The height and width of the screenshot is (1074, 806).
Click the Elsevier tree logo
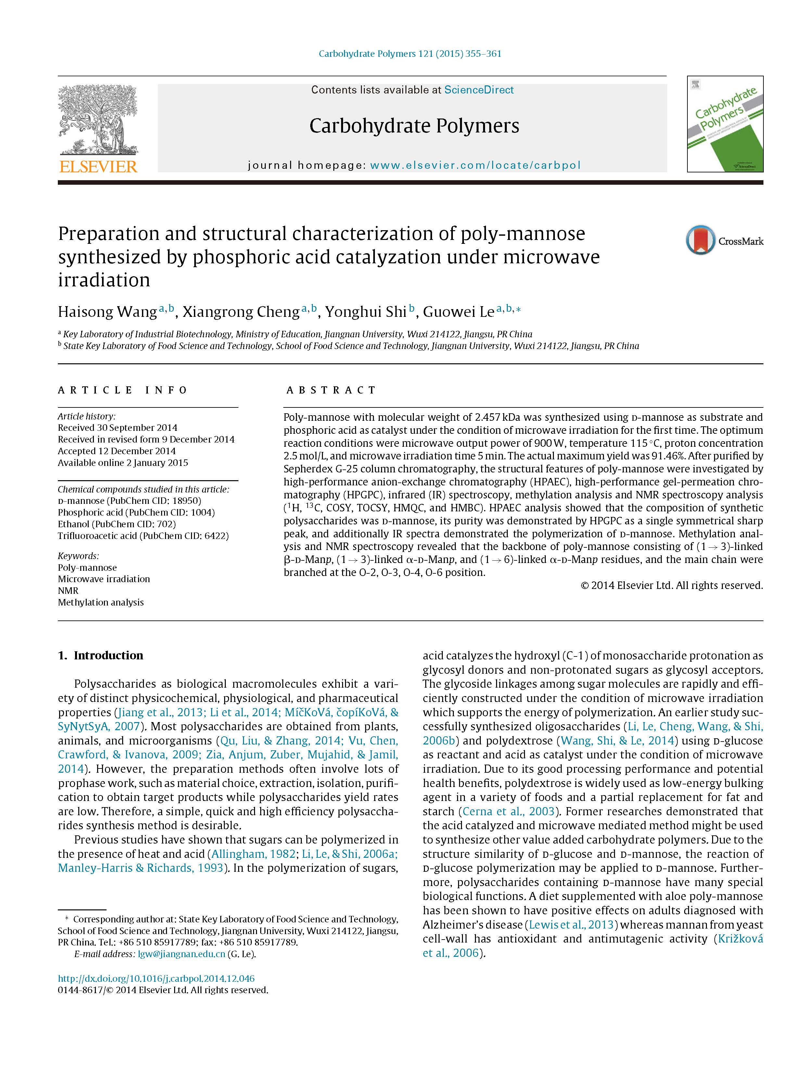[x=98, y=119]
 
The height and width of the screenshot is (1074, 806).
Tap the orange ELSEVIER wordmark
[x=98, y=167]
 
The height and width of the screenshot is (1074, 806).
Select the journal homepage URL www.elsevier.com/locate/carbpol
[x=475, y=165]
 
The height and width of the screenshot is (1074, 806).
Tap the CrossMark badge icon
[x=700, y=240]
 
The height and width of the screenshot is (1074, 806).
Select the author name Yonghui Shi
[x=365, y=312]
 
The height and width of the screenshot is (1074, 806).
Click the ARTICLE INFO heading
[x=123, y=390]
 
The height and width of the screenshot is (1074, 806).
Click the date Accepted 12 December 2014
[x=117, y=451]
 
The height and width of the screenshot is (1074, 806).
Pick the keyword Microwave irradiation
[x=104, y=579]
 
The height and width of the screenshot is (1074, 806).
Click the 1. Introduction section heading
[x=101, y=656]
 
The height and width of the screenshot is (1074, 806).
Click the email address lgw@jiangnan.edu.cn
[x=181, y=954]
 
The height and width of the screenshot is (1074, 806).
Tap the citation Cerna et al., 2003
[x=508, y=811]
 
